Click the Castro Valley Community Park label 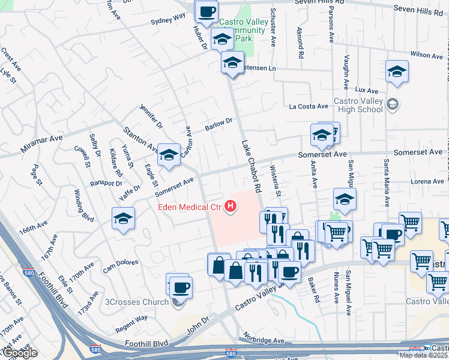pyautogui.click(x=243, y=31)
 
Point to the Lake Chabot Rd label pyautogui.click(x=252, y=166)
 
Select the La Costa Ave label pyautogui.click(x=309, y=107)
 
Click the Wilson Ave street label pyautogui.click(x=427, y=55)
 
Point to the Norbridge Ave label pyautogui.click(x=263, y=340)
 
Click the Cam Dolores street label pyautogui.click(x=120, y=265)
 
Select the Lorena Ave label pyautogui.click(x=427, y=181)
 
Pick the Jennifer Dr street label pyautogui.click(x=151, y=116)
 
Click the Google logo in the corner pyautogui.click(x=19, y=353)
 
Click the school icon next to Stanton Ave pyautogui.click(x=169, y=155)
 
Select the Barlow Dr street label pyautogui.click(x=218, y=124)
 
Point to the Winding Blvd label pyautogui.click(x=84, y=205)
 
